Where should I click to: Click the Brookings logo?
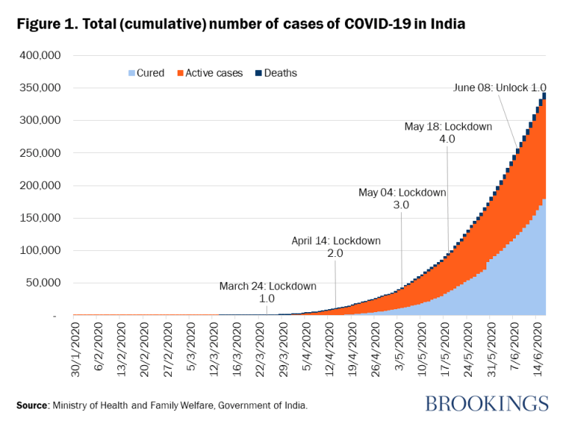click(486, 403)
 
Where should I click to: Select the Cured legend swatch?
click(132, 73)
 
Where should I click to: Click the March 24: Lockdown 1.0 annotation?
click(268, 292)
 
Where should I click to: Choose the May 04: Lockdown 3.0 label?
click(402, 199)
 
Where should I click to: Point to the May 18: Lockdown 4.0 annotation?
click(447, 132)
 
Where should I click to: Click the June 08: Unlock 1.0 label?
click(500, 88)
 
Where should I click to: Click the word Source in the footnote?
click(33, 406)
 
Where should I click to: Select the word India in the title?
click(444, 24)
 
